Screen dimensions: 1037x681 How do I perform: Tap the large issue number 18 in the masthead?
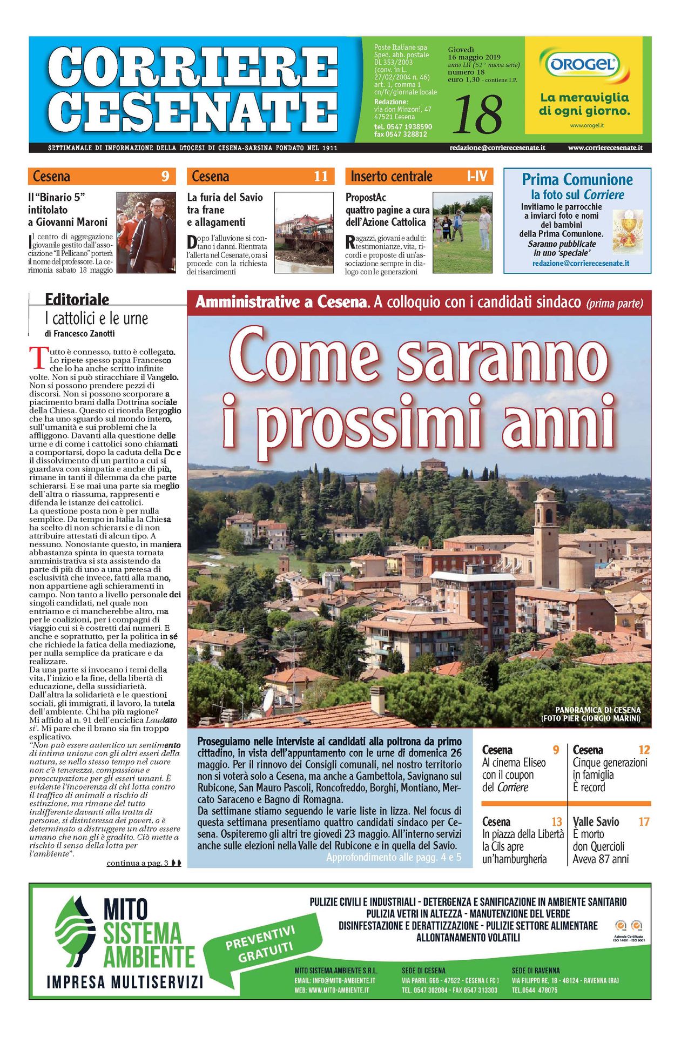(477, 114)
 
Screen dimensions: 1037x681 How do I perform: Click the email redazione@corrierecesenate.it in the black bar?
(497, 147)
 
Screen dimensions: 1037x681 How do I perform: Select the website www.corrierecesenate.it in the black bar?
(605, 147)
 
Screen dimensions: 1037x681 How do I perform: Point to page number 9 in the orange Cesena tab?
(165, 177)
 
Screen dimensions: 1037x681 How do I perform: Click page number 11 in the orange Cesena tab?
(321, 177)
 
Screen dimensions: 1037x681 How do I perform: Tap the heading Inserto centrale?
(392, 177)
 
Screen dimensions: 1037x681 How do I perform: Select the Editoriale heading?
(77, 299)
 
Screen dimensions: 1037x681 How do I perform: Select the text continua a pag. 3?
(138, 863)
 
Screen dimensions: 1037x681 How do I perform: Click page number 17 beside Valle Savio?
(644, 821)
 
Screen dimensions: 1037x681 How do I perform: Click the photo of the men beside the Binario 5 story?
(146, 232)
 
